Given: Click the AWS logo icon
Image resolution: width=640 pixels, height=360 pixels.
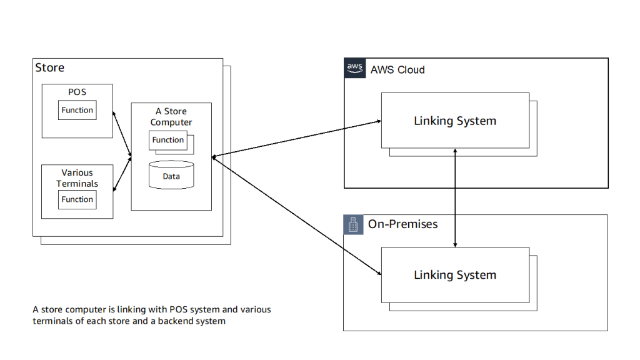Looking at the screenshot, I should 354,68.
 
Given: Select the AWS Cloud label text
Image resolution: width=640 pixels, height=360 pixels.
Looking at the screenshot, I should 397,70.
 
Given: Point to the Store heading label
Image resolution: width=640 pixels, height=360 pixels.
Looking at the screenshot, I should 49,67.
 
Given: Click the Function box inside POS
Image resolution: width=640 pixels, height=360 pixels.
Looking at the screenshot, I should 77,110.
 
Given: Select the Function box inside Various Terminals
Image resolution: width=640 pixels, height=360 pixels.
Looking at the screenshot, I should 77,199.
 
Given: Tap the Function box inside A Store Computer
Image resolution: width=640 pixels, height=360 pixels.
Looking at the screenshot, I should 167,140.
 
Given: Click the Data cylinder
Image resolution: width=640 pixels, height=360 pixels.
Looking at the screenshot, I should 171,176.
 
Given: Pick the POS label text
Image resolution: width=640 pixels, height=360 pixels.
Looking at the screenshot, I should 77,92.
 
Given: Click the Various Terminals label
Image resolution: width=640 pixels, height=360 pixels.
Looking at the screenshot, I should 77,178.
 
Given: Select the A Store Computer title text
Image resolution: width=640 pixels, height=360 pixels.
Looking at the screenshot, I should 171,117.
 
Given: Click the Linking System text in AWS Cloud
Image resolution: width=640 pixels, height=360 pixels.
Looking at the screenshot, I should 455,121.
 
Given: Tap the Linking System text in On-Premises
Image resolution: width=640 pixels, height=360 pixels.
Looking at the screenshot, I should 455,275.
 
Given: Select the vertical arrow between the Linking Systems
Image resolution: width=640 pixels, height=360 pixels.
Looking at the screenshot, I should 455,198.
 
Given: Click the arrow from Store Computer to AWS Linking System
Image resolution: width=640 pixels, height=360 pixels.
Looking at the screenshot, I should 297,138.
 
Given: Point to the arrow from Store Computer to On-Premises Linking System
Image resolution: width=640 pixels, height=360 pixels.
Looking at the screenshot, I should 297,215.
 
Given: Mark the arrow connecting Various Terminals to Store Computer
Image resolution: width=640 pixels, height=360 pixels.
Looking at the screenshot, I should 122,170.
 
